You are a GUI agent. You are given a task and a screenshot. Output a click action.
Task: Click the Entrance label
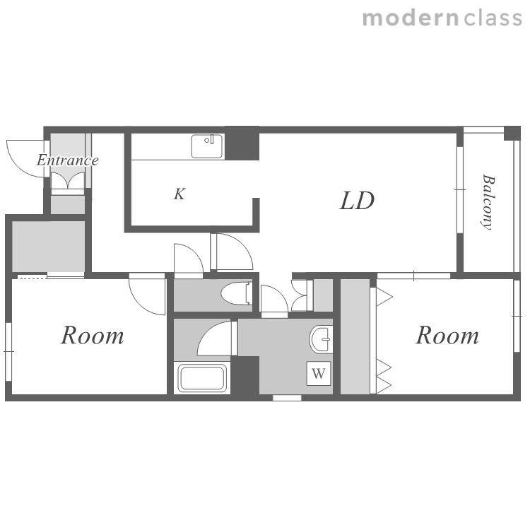(68, 160)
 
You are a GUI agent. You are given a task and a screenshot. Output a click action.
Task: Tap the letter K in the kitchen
(179, 194)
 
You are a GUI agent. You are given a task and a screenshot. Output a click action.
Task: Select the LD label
(358, 201)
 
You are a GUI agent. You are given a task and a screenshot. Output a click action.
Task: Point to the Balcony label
(488, 202)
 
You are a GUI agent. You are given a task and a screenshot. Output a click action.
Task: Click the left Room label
(93, 335)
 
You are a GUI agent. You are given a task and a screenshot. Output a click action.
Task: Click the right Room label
(447, 335)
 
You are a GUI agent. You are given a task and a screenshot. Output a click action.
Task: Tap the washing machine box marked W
(319, 374)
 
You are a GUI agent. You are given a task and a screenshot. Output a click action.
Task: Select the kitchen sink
(207, 146)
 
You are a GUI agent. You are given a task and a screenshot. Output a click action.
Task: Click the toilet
(237, 293)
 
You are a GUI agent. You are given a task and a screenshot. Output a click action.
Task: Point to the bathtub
(202, 378)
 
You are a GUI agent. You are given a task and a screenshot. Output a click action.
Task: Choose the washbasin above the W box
(321, 339)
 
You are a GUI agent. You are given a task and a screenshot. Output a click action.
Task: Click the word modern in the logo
(411, 18)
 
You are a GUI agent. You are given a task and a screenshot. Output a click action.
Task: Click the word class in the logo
(493, 18)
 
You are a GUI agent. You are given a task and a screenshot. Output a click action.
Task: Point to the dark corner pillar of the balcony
(512, 133)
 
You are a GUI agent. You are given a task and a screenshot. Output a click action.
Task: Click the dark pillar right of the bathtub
(245, 375)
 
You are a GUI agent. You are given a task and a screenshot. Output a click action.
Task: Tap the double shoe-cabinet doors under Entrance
(68, 181)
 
